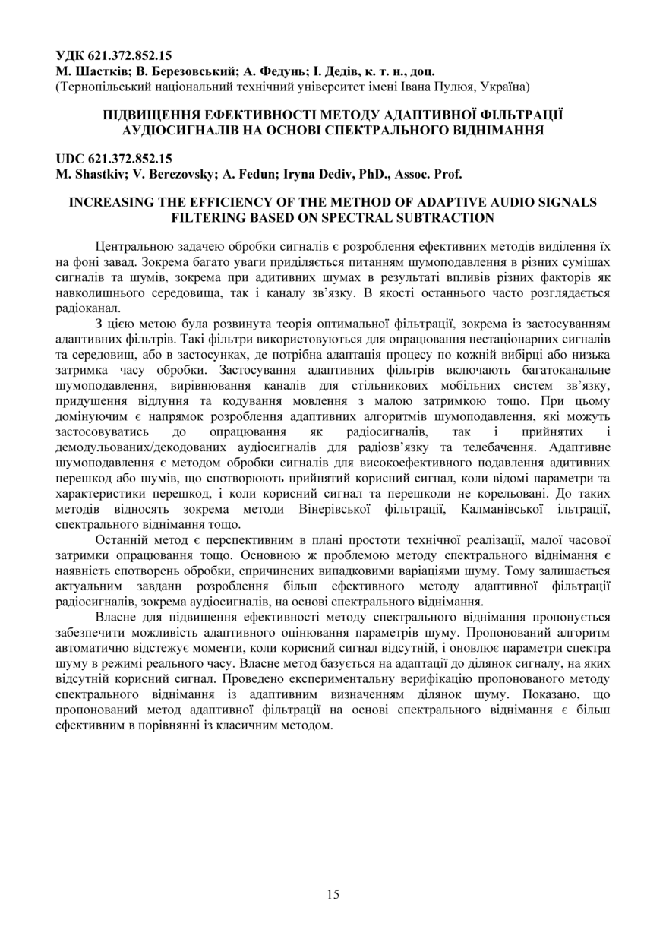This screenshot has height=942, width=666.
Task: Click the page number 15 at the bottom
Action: [x=333, y=894]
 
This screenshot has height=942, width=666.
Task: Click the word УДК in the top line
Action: [x=71, y=55]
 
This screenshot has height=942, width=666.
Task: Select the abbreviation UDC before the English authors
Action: [x=71, y=159]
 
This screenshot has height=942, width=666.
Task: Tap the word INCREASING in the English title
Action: [x=109, y=202]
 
